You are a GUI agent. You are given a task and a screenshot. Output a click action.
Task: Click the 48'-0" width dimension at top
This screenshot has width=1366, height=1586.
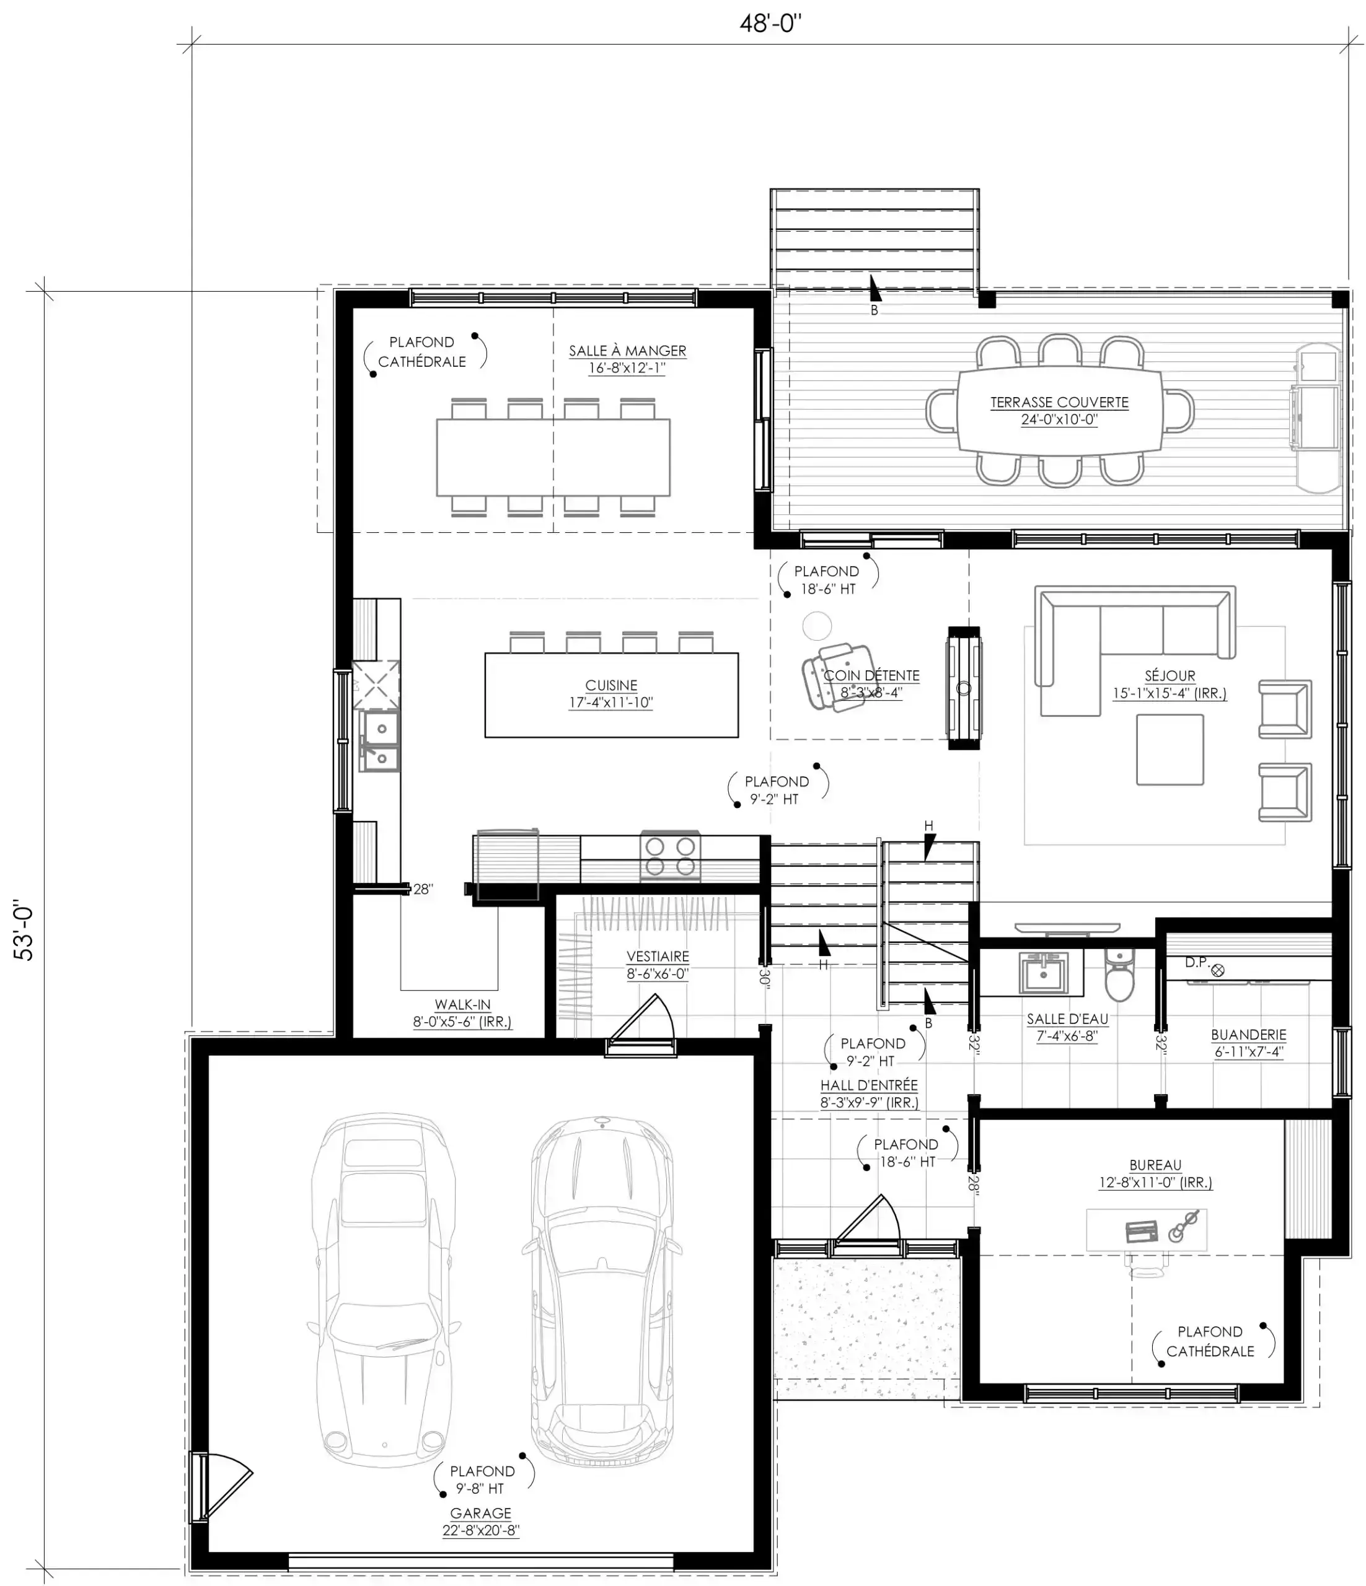point(770,24)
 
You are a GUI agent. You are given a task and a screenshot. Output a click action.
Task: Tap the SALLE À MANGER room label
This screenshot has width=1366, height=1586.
point(627,351)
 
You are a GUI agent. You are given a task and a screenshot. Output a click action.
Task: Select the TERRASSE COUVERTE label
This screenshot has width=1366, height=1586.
point(1059,402)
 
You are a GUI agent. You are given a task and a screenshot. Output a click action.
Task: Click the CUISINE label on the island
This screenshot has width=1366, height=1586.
point(611,685)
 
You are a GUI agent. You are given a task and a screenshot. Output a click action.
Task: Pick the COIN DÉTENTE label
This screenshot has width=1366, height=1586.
point(871,675)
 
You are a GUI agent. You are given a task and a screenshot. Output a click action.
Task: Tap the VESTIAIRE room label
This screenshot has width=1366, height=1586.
point(658,956)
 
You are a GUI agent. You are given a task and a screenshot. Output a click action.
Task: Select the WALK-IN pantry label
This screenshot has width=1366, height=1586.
point(462,1004)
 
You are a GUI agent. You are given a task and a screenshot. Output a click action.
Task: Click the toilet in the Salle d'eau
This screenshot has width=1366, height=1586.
point(1119,975)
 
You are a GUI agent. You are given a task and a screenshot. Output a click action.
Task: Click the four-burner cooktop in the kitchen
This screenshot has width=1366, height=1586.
point(670,856)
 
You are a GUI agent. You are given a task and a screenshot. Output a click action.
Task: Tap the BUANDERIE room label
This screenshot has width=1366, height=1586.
point(1248,1034)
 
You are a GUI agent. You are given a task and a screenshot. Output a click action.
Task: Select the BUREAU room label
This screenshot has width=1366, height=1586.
point(1155,1164)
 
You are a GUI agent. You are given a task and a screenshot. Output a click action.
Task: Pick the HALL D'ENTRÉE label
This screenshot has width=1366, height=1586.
point(869,1085)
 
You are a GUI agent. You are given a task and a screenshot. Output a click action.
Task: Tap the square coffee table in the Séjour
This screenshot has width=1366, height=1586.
point(1170,750)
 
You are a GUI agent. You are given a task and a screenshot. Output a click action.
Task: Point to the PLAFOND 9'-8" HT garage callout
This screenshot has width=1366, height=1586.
point(482,1479)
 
